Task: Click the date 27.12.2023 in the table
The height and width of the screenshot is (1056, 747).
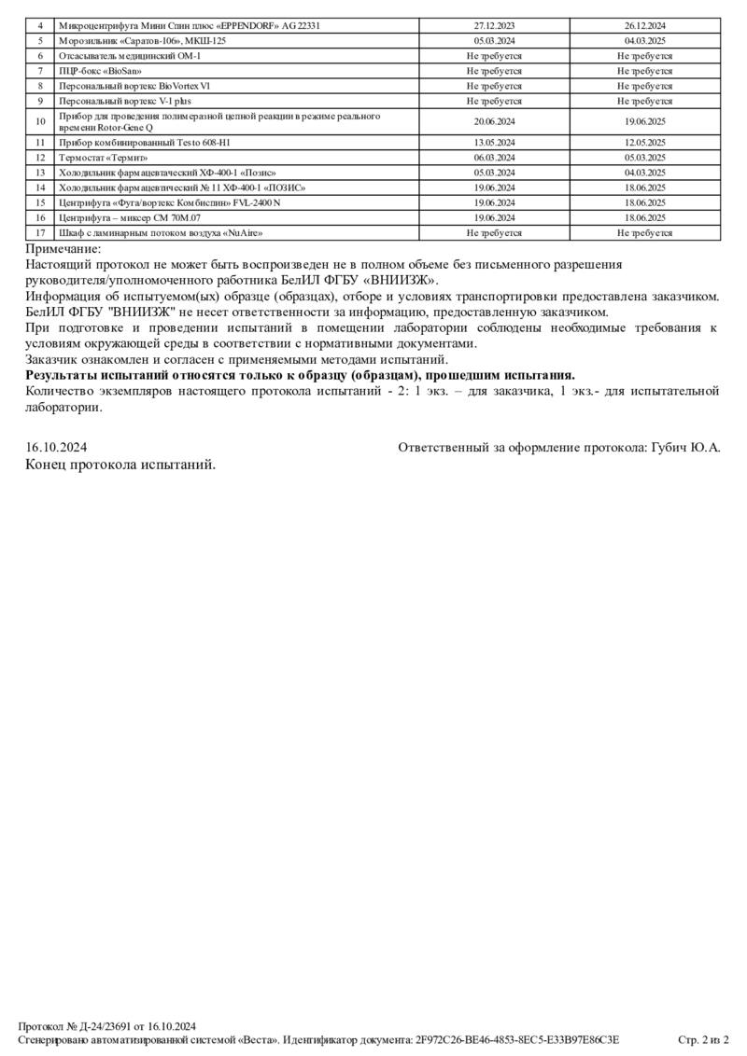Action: point(494,26)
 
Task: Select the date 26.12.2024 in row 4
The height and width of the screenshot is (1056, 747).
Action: point(645,26)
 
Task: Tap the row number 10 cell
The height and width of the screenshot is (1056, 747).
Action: point(40,121)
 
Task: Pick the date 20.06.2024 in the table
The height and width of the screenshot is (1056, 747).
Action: point(494,121)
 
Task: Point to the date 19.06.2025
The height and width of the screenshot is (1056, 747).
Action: point(645,121)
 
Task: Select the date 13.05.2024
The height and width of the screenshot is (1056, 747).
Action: point(494,143)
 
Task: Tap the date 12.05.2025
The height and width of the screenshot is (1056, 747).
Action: point(645,143)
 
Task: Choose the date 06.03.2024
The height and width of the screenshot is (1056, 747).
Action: point(494,158)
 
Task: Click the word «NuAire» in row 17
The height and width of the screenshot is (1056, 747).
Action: point(238,232)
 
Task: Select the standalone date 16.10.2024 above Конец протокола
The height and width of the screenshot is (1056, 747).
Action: point(56,448)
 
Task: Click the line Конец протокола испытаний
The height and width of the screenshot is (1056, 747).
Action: point(120,465)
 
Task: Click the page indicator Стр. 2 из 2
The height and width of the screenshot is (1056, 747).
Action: point(703,1039)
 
